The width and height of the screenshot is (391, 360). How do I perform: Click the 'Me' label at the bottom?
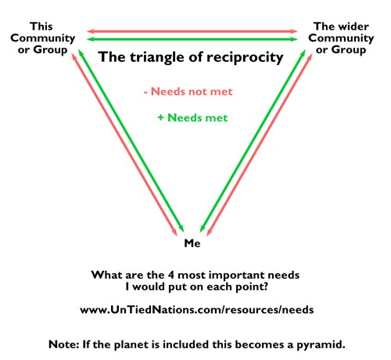tap(192, 243)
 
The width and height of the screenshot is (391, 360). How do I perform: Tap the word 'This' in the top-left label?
tap(41, 27)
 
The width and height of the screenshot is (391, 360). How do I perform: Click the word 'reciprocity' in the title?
tap(245, 58)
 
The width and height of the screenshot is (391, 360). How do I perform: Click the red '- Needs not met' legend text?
tap(188, 92)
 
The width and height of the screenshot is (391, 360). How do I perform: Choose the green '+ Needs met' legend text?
tap(192, 118)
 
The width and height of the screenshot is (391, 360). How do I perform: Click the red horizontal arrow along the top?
tap(192, 31)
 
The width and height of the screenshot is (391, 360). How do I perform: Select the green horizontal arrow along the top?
tap(192, 39)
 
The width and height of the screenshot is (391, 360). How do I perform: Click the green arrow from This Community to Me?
tap(131, 141)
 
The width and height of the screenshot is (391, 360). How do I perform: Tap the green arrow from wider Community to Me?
tap(253, 141)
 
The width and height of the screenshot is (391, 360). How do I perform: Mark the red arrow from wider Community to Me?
tap(260, 145)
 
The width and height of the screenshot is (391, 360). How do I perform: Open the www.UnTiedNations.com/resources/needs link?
tap(197, 310)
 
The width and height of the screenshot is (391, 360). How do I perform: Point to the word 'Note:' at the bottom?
tap(64, 344)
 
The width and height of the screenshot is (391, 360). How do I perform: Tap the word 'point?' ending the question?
tap(252, 287)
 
